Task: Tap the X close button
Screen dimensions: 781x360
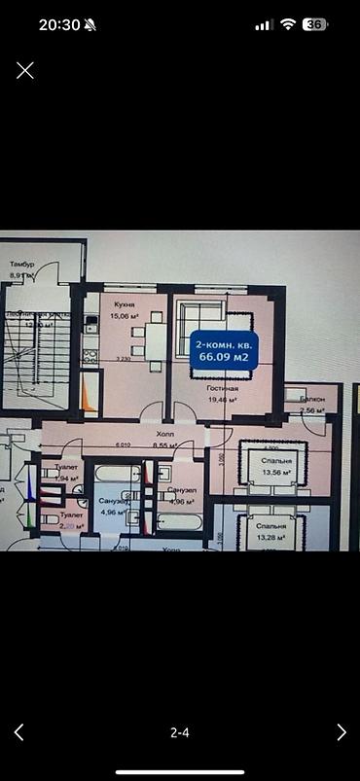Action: (25, 69)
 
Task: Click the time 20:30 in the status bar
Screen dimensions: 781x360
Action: (59, 25)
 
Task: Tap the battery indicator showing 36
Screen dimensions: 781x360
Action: (314, 25)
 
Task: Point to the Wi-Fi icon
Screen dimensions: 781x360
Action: (287, 25)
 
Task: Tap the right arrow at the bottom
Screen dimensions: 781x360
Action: (341, 732)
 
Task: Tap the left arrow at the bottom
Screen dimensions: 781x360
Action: (19, 732)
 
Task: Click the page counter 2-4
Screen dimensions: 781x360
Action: (180, 732)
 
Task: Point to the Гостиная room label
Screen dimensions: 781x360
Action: (223, 387)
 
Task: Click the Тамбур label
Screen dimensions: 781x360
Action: (22, 265)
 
